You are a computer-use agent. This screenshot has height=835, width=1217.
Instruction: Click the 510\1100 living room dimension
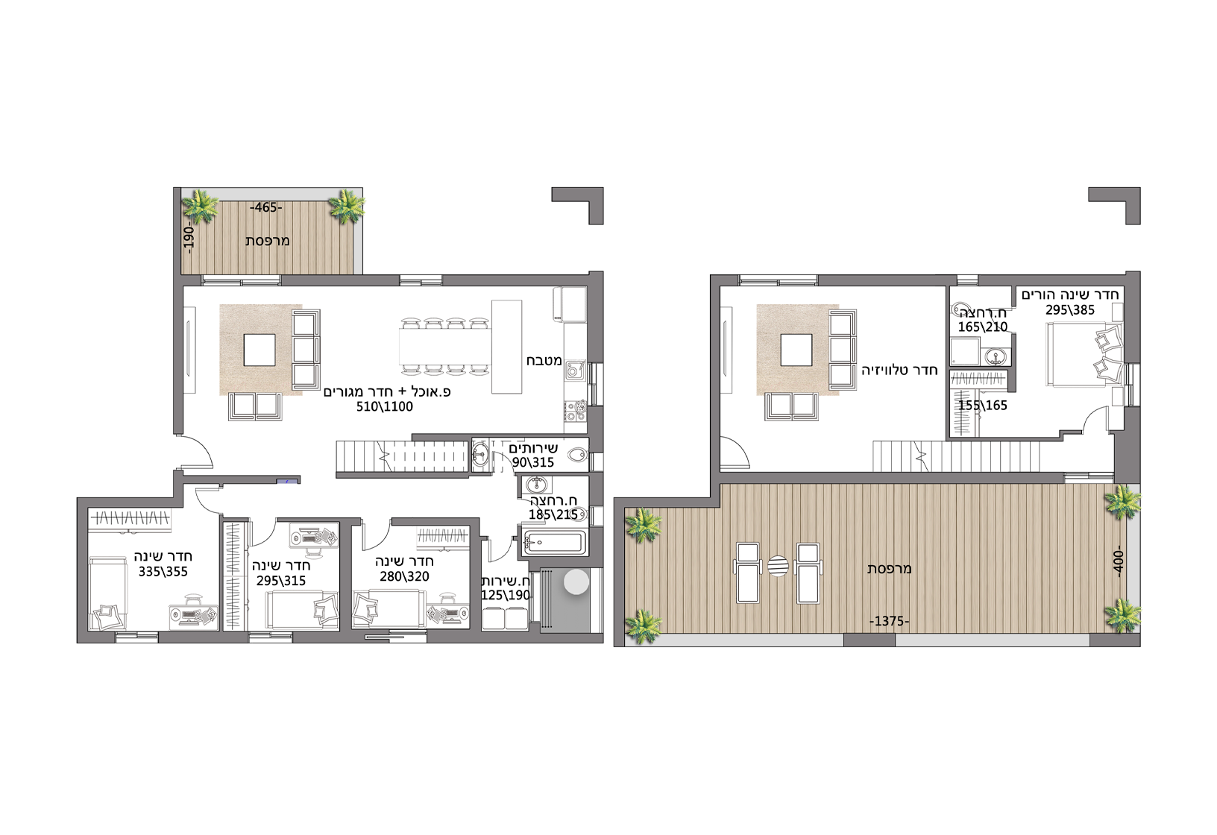point(385,406)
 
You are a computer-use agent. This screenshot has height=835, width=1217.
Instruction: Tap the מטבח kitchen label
point(544,360)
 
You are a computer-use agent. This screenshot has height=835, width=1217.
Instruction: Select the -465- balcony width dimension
point(266,207)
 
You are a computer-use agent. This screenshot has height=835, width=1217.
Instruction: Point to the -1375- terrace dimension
point(890,621)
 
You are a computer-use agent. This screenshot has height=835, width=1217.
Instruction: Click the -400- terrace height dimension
point(1117,561)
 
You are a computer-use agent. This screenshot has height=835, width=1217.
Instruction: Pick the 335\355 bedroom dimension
point(163,572)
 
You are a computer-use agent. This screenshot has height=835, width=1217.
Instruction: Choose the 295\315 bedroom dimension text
point(281,581)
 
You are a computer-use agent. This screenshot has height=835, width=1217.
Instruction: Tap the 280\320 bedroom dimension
point(404,576)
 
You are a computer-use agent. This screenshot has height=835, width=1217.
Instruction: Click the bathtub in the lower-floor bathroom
point(554,541)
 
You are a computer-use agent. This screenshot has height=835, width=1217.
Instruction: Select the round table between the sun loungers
point(778,566)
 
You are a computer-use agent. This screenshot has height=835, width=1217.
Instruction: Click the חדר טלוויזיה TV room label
point(899,371)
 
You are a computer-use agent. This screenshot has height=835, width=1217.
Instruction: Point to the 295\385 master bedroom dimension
point(1070,309)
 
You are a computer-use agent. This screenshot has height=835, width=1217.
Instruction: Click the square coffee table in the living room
point(260,350)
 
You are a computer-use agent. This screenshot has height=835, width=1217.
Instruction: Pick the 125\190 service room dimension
point(506,595)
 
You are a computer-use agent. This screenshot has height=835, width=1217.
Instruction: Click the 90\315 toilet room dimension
point(533,462)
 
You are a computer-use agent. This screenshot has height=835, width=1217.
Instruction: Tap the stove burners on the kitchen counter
point(576,410)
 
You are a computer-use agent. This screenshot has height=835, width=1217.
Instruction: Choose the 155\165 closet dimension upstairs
point(982,406)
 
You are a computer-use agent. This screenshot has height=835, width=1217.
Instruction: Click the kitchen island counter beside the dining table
point(506,347)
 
